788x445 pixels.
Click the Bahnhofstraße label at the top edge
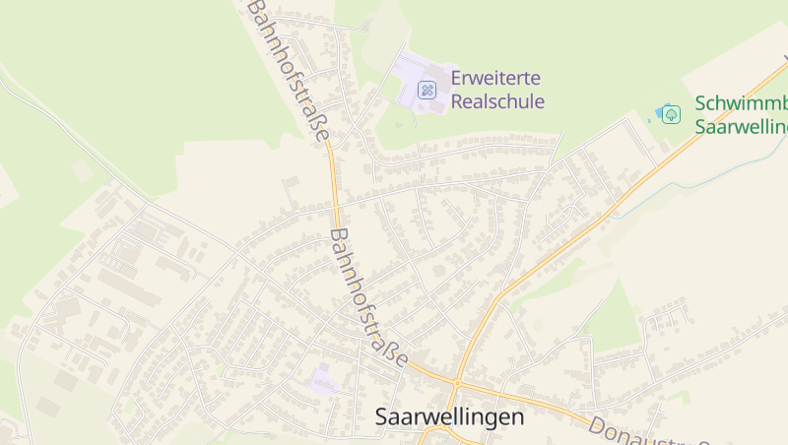(288, 70)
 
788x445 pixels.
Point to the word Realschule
(497, 100)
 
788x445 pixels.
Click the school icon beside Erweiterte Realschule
(427, 90)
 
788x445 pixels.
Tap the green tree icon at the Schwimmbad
(671, 114)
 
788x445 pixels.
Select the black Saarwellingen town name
(449, 417)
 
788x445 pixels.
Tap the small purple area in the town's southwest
(323, 381)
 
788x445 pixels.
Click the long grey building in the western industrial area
(128, 286)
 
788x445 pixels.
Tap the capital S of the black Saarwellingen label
(382, 417)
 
